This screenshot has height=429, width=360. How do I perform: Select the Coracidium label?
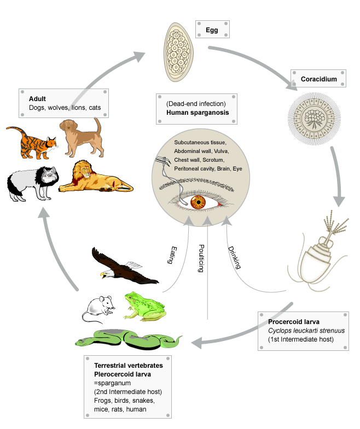click(318, 79)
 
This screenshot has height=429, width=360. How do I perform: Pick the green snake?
click(129, 339)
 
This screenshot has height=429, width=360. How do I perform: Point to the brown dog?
click(82, 136)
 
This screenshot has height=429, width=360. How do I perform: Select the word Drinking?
click(234, 256)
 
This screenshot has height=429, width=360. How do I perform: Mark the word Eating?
click(169, 252)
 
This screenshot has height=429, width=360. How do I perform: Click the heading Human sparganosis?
click(197, 113)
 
